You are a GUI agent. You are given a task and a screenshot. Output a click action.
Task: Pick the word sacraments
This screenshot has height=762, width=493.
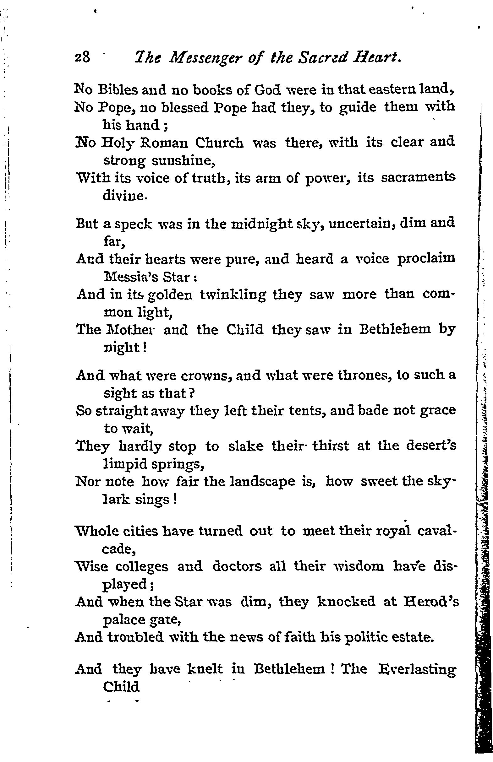[418, 178]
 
